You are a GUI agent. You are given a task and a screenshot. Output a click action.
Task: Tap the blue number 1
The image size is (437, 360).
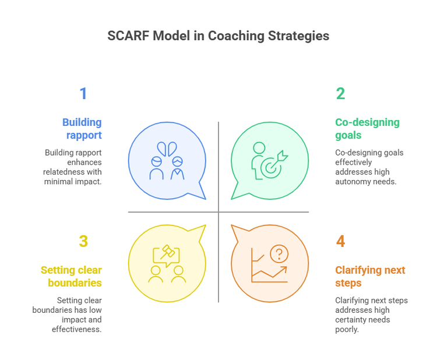(x=83, y=94)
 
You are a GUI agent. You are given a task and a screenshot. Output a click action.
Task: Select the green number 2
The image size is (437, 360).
(x=340, y=94)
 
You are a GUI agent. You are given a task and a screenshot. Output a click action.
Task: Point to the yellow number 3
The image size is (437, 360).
(x=83, y=241)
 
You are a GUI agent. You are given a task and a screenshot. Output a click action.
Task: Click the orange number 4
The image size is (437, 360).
(x=340, y=241)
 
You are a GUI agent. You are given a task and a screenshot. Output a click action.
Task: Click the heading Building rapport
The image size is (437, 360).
(x=82, y=129)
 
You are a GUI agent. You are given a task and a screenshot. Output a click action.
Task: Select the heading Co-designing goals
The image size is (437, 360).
(x=367, y=129)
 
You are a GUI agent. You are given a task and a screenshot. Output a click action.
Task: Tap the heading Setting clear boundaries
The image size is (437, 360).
(x=71, y=276)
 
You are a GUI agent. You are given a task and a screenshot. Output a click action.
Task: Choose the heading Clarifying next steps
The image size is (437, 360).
(x=370, y=276)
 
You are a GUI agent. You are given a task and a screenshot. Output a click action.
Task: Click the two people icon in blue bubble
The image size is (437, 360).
(x=167, y=160)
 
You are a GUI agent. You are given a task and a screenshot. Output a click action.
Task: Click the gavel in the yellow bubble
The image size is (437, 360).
(x=168, y=252)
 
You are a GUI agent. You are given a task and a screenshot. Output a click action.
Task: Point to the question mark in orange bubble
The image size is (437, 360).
(x=280, y=253)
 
